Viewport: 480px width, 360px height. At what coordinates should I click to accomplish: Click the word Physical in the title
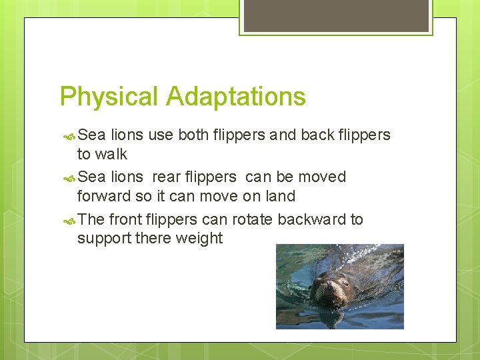click(109, 97)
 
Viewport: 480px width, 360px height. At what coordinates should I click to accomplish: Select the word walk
click(111, 155)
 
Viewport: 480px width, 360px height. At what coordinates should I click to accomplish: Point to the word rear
click(166, 177)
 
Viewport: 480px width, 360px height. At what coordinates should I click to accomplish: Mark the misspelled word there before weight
click(153, 239)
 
